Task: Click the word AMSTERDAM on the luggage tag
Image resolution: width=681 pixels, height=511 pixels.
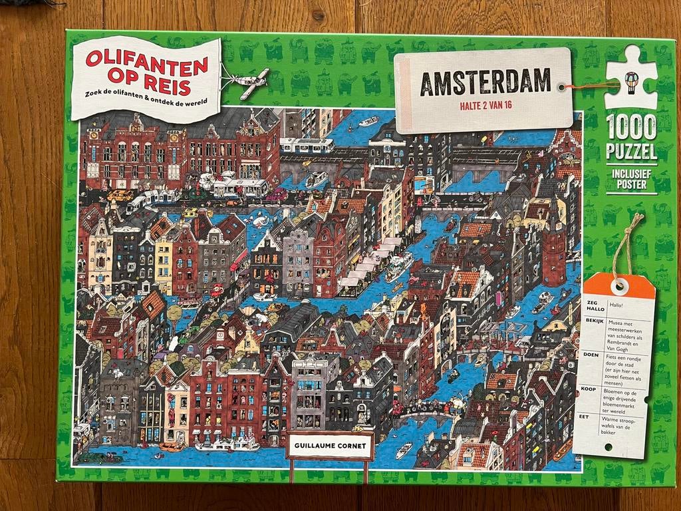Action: [485, 81]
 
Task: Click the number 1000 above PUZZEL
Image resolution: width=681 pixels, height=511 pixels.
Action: [631, 126]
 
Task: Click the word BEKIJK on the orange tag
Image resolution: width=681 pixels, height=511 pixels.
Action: [594, 321]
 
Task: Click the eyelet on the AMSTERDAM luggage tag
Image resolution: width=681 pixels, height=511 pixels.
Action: [562, 86]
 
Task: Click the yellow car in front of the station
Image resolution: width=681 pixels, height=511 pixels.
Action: [120, 195]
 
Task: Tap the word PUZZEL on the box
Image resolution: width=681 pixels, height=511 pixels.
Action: [631, 152]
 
